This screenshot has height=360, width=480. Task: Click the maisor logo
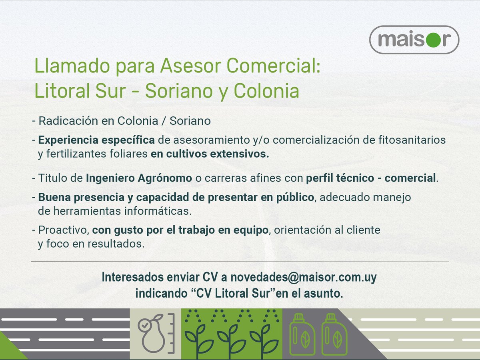coord(414,40)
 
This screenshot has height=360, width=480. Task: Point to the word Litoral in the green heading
coord(60,91)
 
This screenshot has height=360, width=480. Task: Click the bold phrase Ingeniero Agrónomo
coord(139,178)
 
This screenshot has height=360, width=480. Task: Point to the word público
coord(293,198)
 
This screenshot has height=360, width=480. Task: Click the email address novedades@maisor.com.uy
coord(303,277)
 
